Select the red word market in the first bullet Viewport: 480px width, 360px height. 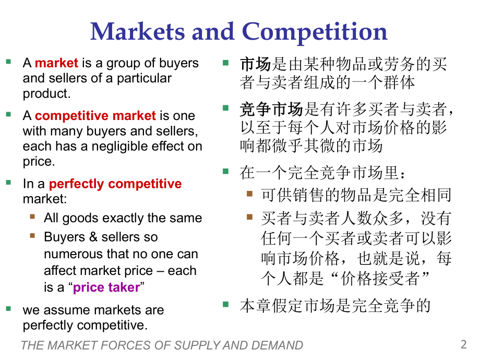(x=56, y=63)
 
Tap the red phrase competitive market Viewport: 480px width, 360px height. (x=95, y=115)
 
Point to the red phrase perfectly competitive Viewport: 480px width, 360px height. (x=115, y=184)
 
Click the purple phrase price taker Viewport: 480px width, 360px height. (x=106, y=287)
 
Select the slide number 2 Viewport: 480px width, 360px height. (x=464, y=344)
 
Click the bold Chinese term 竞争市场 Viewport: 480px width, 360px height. (x=271, y=110)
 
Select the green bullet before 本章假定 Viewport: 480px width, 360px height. (x=225, y=303)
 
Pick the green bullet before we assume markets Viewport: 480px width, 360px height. (x=8, y=308)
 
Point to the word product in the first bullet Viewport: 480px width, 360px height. (x=45, y=94)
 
